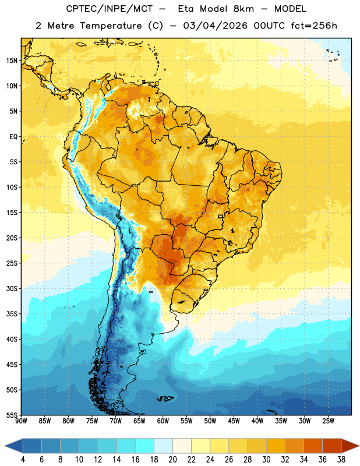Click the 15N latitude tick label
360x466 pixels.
tap(12, 61)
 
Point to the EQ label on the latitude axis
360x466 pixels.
tap(13, 137)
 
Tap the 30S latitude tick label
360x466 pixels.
tap(12, 288)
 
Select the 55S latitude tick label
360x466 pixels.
tap(12, 415)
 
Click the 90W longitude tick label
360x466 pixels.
tap(21, 421)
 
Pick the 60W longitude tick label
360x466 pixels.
tap(163, 421)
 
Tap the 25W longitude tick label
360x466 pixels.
tap(328, 421)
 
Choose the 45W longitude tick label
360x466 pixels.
tap(234, 421)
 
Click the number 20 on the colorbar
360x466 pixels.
tap(172, 460)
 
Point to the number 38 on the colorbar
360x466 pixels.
tap(341, 460)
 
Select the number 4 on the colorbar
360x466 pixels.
tap(23, 460)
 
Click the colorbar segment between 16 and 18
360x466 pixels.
tap(145, 446)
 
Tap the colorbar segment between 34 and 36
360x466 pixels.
tap(313, 446)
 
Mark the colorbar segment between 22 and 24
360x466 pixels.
tap(201, 446)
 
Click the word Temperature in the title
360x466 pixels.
tap(111, 26)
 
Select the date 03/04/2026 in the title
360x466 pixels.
tap(215, 26)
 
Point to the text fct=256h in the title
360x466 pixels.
tap(314, 26)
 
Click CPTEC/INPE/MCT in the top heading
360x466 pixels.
tap(109, 9)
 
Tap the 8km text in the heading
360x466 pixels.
tap(243, 9)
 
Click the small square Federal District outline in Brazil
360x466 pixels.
tap(221, 216)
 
